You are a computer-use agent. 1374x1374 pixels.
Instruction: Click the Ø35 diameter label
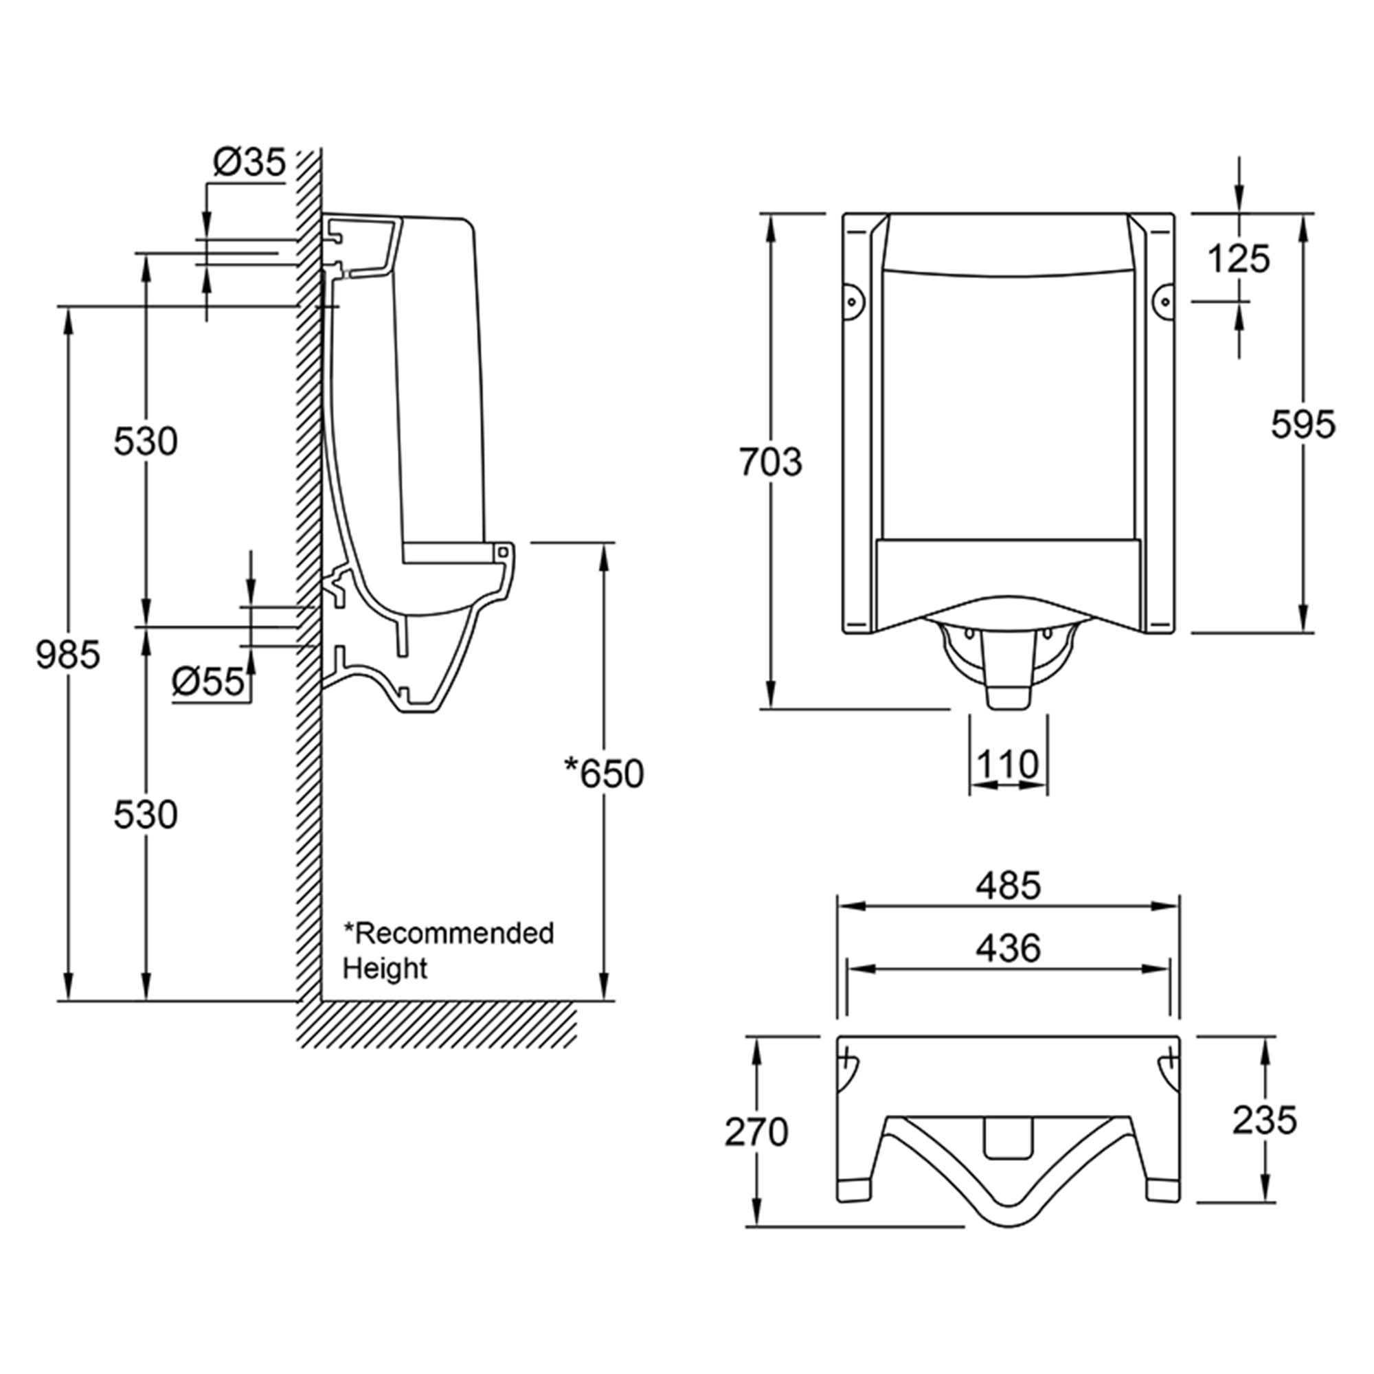click(x=249, y=164)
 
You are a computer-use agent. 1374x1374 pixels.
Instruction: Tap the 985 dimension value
click(x=68, y=655)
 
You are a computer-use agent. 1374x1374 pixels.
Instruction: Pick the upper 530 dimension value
click(x=146, y=442)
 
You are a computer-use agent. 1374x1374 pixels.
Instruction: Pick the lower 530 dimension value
click(x=146, y=815)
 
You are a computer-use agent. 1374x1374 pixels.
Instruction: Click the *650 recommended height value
click(x=604, y=774)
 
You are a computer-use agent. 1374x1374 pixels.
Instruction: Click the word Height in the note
click(x=385, y=969)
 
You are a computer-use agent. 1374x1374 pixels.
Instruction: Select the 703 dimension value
click(x=770, y=462)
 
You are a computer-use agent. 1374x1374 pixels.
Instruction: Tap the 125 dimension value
click(x=1238, y=259)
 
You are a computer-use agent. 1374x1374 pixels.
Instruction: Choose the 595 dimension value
click(x=1303, y=425)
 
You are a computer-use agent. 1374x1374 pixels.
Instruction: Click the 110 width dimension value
click(x=1008, y=765)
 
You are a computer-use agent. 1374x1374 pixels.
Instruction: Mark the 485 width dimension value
click(x=1008, y=886)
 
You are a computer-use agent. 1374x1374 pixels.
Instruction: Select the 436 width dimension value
click(x=1008, y=949)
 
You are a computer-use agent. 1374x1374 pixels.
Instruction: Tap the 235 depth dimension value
click(x=1265, y=1120)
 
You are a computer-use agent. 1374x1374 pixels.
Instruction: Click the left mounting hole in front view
click(x=852, y=301)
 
